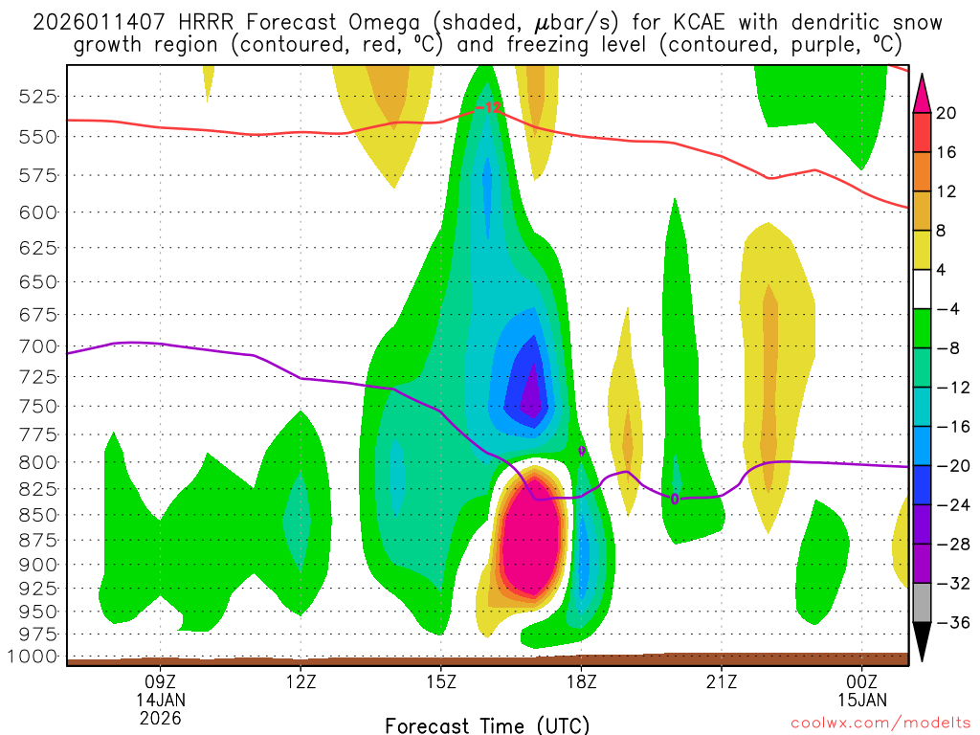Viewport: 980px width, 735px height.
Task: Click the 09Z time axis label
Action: point(160,681)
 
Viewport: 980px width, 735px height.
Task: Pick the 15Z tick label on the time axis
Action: point(440,681)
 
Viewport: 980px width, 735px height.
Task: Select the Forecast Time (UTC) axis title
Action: point(487,724)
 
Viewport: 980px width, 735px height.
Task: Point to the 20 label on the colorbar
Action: point(947,113)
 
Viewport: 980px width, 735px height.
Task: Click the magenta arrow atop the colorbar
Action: point(922,92)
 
